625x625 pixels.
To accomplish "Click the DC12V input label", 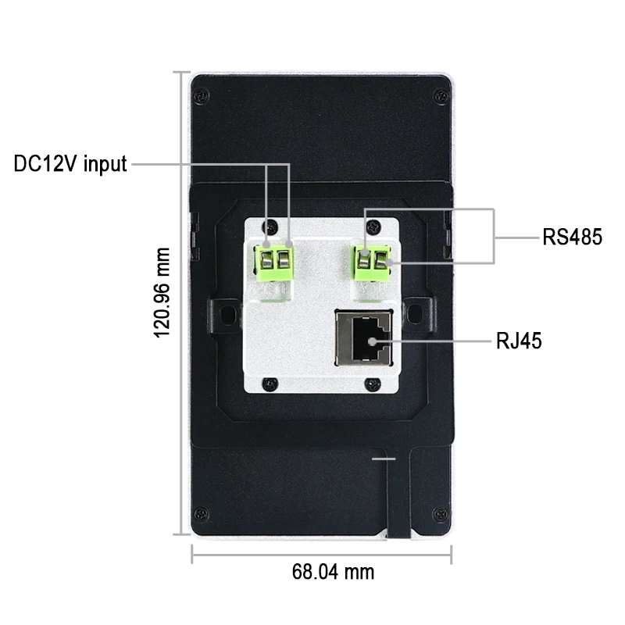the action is (x=70, y=164).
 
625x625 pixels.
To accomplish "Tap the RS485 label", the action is (x=572, y=237).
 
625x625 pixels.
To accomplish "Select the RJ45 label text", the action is (x=519, y=341).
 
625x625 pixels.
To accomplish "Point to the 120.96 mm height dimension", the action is (x=162, y=292).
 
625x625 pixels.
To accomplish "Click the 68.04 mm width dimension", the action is (x=334, y=572).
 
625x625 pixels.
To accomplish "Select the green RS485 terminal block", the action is (x=372, y=262).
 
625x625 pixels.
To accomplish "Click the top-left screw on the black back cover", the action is (x=202, y=96).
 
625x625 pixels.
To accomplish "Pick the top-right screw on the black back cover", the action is (x=441, y=96).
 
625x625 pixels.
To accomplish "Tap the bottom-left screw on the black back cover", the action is (x=201, y=513).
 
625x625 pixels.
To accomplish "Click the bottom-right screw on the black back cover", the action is (x=440, y=513).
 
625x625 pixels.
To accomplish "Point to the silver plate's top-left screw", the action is (x=270, y=227).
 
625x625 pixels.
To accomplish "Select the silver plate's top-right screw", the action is (x=373, y=227).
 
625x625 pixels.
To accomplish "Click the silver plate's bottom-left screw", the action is (x=270, y=384).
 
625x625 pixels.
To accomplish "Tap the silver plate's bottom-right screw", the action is (x=373, y=384).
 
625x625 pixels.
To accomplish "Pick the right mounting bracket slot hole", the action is (x=415, y=313).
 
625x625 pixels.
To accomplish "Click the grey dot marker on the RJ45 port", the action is (x=372, y=341).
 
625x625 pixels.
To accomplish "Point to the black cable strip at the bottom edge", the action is (x=398, y=495).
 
